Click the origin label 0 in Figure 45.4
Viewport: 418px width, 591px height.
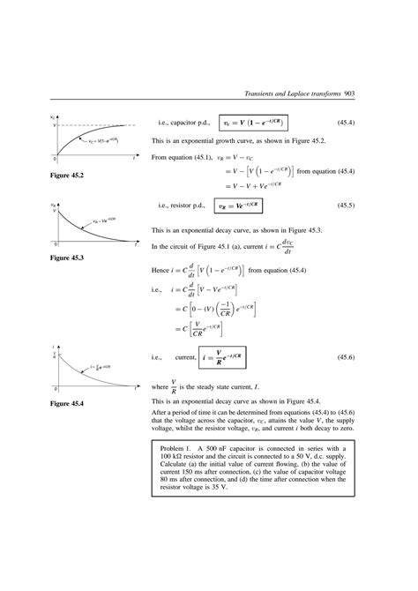click(56, 390)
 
